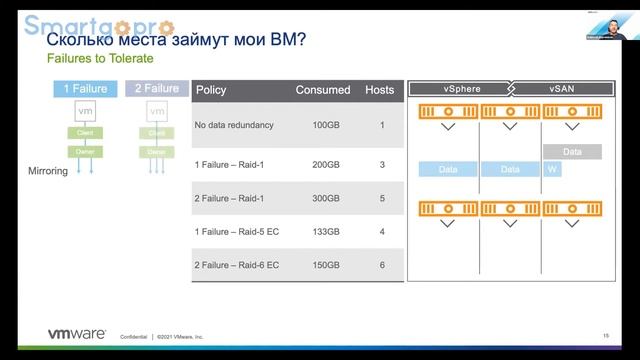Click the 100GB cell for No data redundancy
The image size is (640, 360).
click(326, 125)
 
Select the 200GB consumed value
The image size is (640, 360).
click(326, 163)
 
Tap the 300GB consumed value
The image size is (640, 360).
click(326, 198)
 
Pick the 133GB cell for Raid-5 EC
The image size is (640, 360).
click(326, 232)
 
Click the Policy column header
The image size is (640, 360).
click(211, 90)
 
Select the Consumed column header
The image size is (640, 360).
click(323, 90)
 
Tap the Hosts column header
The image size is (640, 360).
click(380, 90)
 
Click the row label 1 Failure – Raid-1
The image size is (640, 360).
click(235, 163)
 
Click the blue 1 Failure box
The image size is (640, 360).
click(85, 88)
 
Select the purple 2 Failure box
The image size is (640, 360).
click(157, 88)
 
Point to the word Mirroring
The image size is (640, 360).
click(47, 171)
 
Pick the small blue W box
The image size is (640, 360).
click(552, 169)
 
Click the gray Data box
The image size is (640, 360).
click(572, 152)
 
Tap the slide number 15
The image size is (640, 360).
click(606, 335)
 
